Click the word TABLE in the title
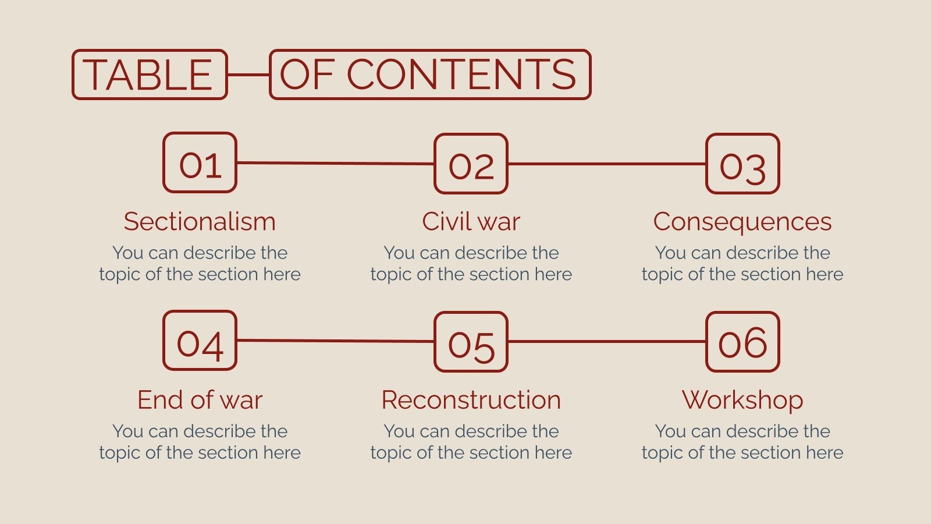click(149, 75)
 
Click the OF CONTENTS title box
click(429, 75)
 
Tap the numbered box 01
click(200, 162)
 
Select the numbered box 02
click(471, 164)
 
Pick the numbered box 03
click(742, 164)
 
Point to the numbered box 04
click(200, 341)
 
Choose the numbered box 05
click(471, 342)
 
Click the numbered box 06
click(742, 342)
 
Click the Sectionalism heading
click(200, 222)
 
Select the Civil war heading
click(471, 222)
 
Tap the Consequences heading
click(742, 222)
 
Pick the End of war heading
click(200, 400)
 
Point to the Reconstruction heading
click(471, 400)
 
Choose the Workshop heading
click(742, 400)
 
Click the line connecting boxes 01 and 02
click(335, 163)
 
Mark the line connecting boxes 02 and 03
click(606, 164)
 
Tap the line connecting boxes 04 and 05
click(335, 341)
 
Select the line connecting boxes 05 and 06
click(606, 342)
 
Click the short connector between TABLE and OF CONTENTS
click(248, 75)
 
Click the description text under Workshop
click(742, 442)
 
